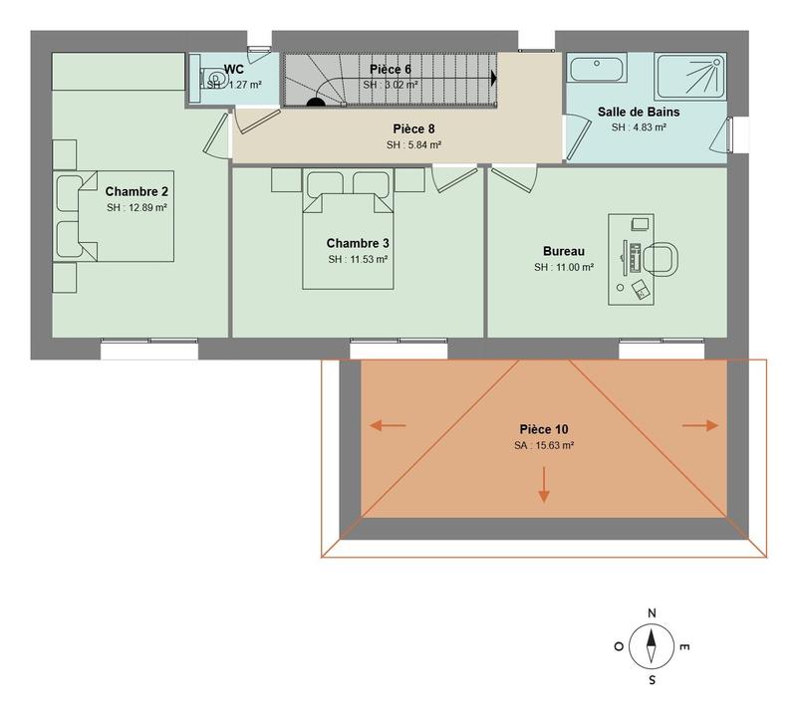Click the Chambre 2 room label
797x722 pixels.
[136, 191]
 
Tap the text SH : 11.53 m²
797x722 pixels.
[357, 259]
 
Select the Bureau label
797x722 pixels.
[563, 251]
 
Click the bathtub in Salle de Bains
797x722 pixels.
[596, 69]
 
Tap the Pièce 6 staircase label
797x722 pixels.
[390, 69]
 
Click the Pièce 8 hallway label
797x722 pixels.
[413, 128]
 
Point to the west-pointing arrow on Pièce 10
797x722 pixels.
[388, 426]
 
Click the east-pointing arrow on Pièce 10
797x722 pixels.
[700, 425]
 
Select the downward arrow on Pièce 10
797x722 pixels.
[543, 484]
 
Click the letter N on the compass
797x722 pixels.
[651, 613]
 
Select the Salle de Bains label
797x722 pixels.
[639, 111]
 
